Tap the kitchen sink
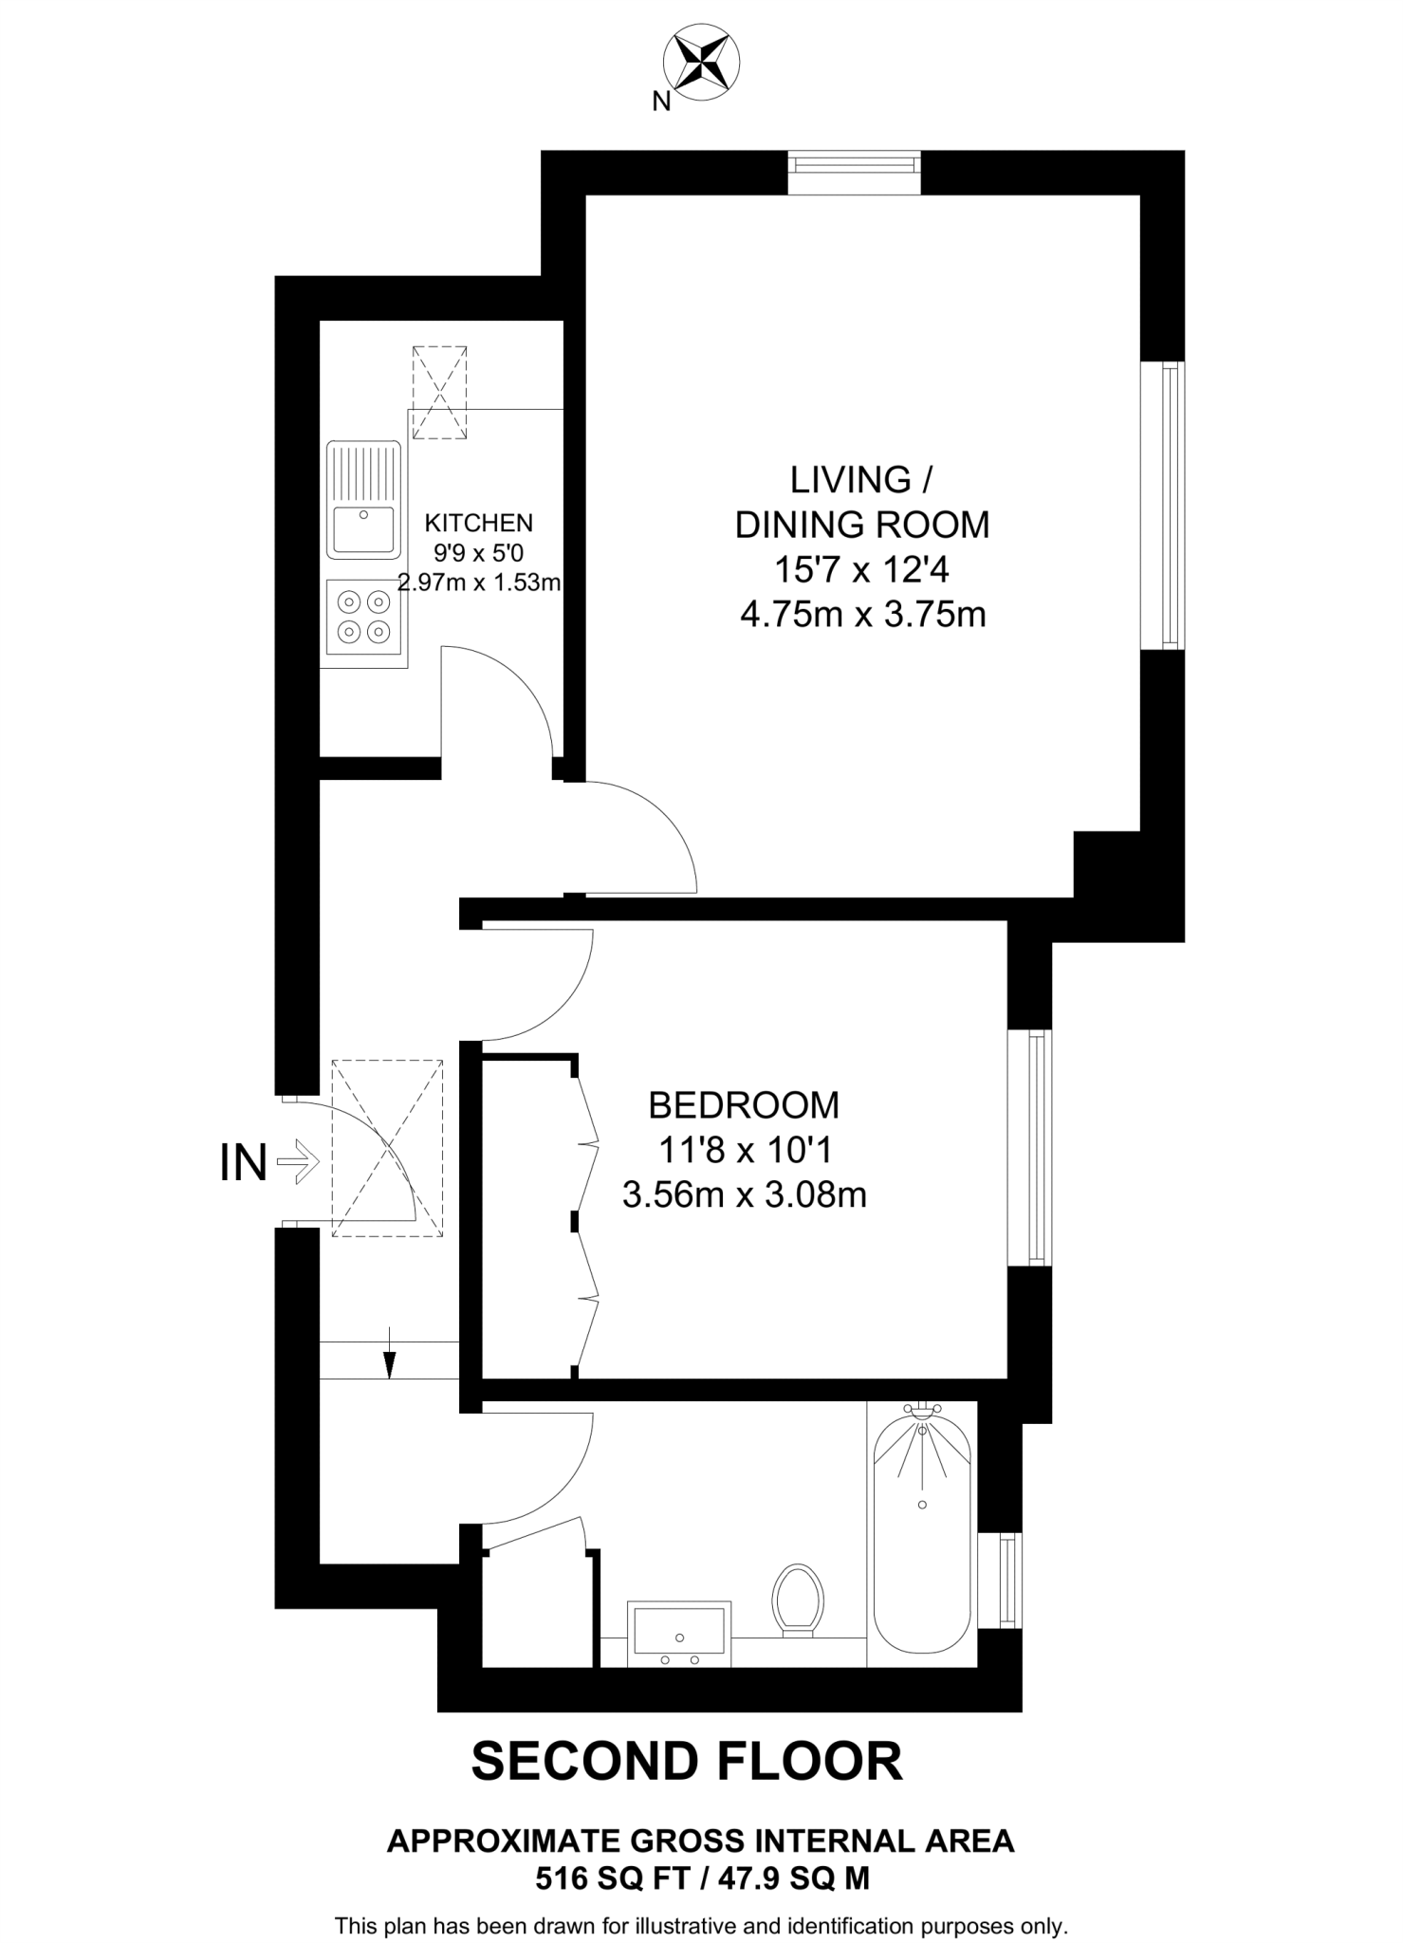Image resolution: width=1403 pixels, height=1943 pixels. [363, 500]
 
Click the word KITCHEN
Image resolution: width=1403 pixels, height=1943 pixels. [478, 523]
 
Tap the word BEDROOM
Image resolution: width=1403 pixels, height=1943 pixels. [744, 1105]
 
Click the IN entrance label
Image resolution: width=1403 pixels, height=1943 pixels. [243, 1163]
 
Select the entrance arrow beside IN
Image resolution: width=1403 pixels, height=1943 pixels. [299, 1161]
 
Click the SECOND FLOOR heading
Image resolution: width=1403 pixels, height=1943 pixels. [687, 1762]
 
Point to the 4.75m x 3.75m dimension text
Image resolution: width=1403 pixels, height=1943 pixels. [862, 615]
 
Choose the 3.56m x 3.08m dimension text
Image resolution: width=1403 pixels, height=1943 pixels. [744, 1194]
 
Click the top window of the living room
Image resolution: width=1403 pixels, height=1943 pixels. [855, 172]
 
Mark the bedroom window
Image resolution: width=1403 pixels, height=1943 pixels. [1030, 1148]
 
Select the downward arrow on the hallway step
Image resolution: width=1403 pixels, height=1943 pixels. [389, 1363]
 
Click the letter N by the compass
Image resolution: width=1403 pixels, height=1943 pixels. [661, 102]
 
